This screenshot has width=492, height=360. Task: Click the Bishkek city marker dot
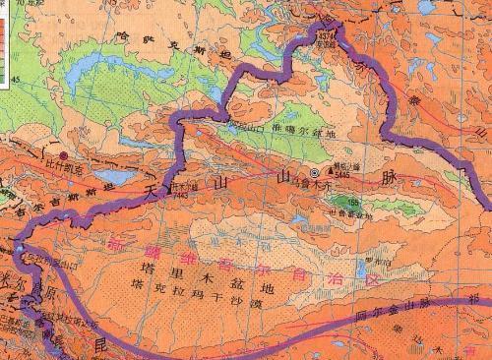tap(65, 155)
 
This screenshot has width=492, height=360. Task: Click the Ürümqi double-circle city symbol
tap(315, 173)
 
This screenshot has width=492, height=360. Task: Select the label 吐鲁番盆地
tap(350, 212)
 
